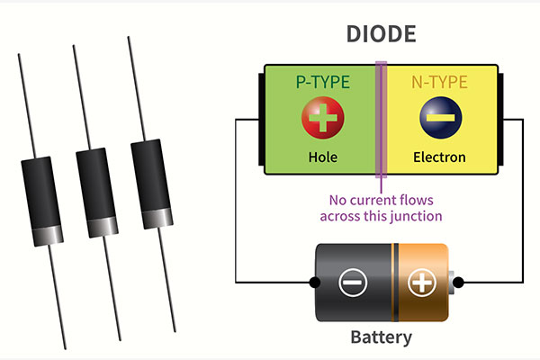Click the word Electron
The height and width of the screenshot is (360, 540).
tap(439, 157)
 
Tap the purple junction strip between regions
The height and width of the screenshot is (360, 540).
tap(382, 117)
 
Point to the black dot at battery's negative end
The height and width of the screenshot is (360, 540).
tap(314, 283)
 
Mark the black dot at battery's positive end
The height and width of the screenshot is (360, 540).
tap(458, 283)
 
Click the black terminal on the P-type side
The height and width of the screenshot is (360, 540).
tap(261, 118)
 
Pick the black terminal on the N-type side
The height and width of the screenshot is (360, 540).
tap(502, 118)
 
